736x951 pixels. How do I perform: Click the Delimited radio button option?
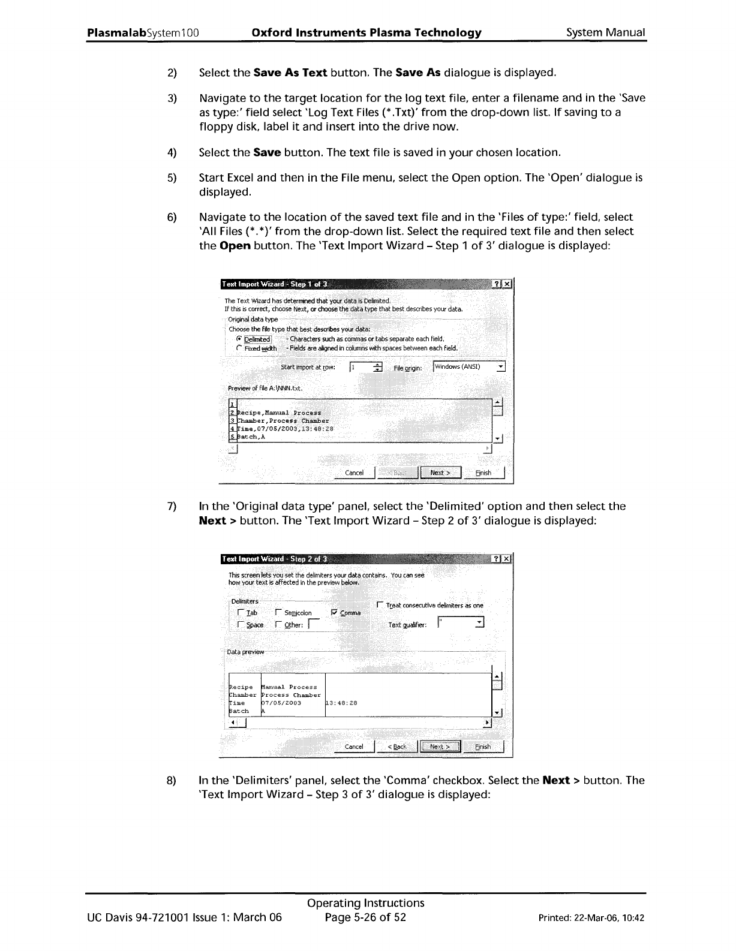point(239,339)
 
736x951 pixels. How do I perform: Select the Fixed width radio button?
point(239,348)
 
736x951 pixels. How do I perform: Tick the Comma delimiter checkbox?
point(335,612)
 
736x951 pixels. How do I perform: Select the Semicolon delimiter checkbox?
point(278,612)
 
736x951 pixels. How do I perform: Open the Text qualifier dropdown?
point(479,624)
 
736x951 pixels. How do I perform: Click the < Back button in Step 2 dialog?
point(396,747)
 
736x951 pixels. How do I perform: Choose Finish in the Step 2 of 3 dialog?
point(483,747)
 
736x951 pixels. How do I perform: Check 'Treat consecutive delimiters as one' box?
point(379,605)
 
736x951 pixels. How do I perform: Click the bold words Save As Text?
point(290,73)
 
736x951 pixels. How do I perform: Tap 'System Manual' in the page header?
point(606,32)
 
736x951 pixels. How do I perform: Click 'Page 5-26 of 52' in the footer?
point(365,917)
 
